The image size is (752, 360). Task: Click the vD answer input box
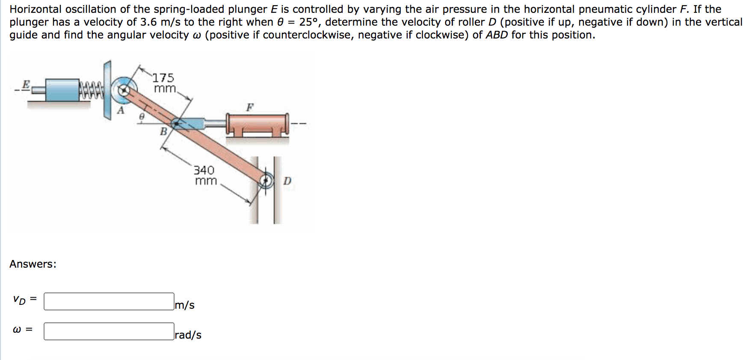[x=109, y=301]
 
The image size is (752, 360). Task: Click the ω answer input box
[x=109, y=331]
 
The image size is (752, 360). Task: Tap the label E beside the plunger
[x=26, y=84]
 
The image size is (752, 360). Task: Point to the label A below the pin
[x=121, y=111]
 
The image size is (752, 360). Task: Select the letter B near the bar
[x=163, y=132]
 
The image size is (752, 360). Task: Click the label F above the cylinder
[x=250, y=107]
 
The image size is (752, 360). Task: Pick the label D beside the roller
[x=287, y=181]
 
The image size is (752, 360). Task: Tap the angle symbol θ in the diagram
[x=142, y=116]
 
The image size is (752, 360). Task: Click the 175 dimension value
[x=163, y=78]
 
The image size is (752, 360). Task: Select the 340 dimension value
[x=204, y=170]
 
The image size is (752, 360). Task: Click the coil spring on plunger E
[x=91, y=90]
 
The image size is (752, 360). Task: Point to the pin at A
[x=124, y=90]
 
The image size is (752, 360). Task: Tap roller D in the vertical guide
[x=266, y=180]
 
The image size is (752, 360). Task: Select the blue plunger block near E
[x=62, y=89]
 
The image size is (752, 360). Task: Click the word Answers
[x=33, y=264]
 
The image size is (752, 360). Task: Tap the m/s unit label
[x=185, y=305]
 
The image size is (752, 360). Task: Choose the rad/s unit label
[x=188, y=335]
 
